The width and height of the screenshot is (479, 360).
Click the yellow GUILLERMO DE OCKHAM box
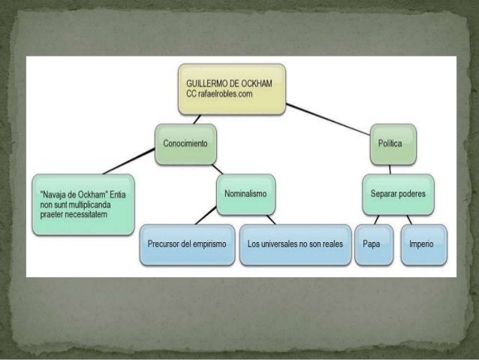coord(231,89)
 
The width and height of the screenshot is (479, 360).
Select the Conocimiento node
coord(185,142)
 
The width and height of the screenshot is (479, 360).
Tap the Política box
coord(391,143)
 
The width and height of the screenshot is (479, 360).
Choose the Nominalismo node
coord(245,193)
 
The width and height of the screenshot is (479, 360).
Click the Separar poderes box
coord(397,193)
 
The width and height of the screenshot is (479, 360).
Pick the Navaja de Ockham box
coord(83,204)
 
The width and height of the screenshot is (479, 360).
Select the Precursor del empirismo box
coord(187,244)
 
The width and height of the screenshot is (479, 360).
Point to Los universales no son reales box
coord(295,244)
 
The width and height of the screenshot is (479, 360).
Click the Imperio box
coord(422,244)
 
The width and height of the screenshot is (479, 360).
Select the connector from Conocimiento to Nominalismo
coord(216,168)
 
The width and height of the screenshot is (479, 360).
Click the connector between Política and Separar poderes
coord(393,168)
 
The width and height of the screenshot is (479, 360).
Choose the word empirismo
coord(206,245)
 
